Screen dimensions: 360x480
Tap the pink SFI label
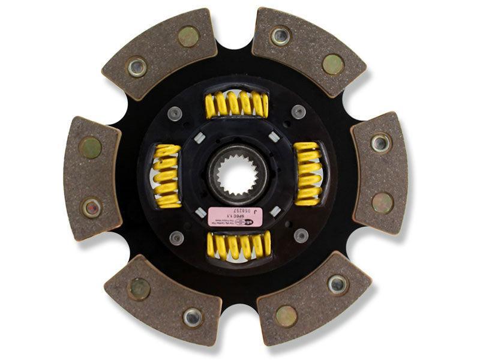point(235,217)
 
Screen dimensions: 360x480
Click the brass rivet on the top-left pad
point(189,37)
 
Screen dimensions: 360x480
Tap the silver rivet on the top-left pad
point(137,67)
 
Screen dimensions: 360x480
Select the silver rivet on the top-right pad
point(280,36)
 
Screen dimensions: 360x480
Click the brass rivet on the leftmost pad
point(91,147)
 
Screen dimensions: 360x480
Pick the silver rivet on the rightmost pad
point(380,143)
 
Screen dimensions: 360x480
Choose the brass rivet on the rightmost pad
point(382,202)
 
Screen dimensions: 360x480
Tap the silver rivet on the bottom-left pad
point(192,316)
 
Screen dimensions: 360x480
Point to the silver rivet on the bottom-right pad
point(337,284)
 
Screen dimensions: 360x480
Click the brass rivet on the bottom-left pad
point(139,289)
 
